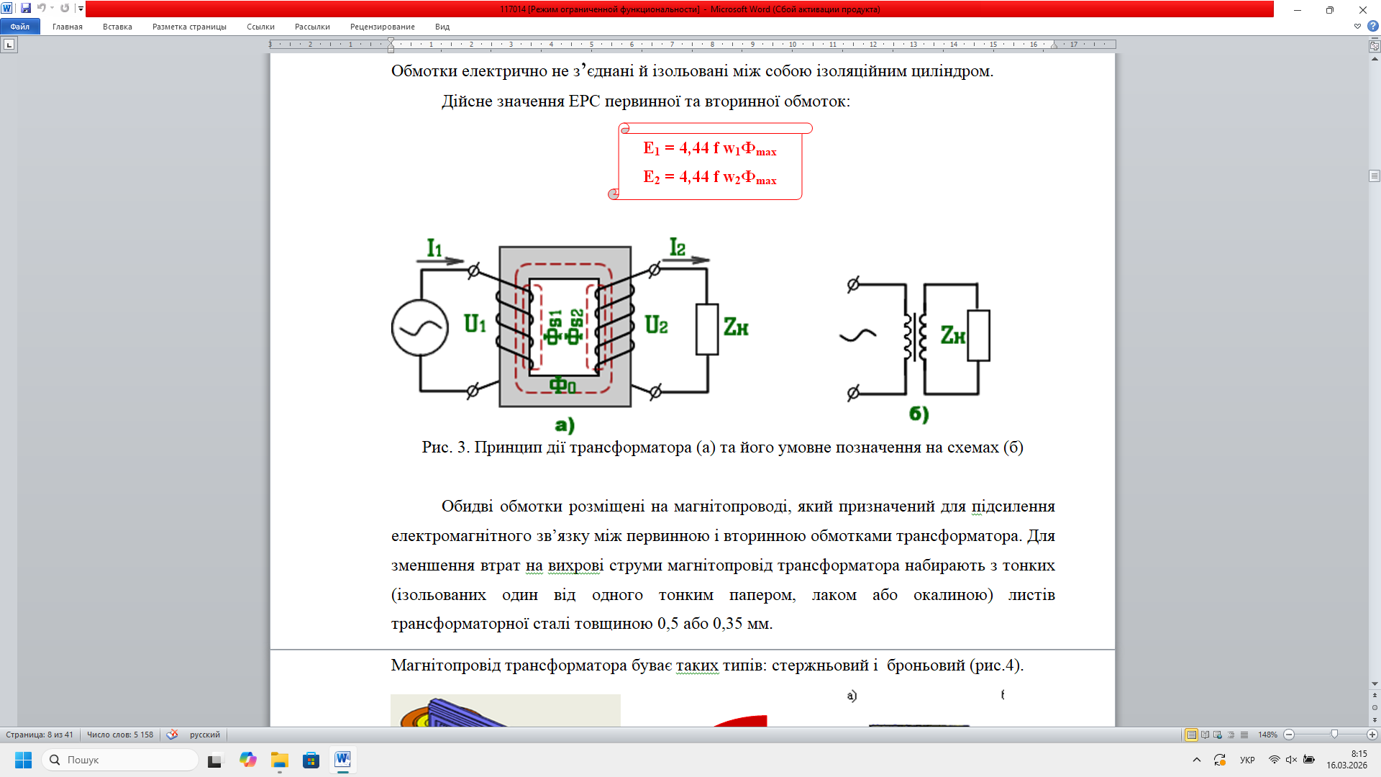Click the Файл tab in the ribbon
20,27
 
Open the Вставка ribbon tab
117,27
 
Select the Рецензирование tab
383,27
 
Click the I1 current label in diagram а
434,248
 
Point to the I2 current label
678,247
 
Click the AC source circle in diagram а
420,328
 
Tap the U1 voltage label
475,324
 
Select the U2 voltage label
656,325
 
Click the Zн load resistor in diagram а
707,330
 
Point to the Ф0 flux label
562,386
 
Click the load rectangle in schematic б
978,335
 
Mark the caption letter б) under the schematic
919,414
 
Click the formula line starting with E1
710,149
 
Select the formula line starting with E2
710,178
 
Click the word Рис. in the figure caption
437,447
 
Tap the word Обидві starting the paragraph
467,506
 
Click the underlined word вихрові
575,565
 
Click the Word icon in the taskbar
343,760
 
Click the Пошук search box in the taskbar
120,760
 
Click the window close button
1363,9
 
